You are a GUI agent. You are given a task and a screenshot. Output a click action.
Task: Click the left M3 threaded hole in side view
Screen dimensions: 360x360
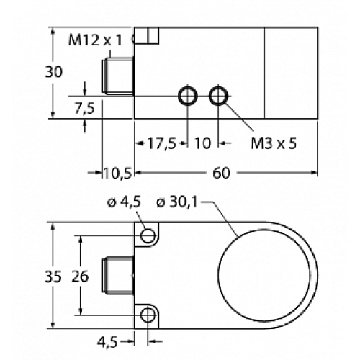point(188,96)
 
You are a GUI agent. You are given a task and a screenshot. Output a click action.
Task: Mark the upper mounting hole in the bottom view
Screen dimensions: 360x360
point(149,235)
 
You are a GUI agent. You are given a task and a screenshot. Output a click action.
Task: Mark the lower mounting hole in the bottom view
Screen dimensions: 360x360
point(149,314)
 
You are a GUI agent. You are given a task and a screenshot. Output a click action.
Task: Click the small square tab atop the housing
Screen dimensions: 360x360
point(150,35)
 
